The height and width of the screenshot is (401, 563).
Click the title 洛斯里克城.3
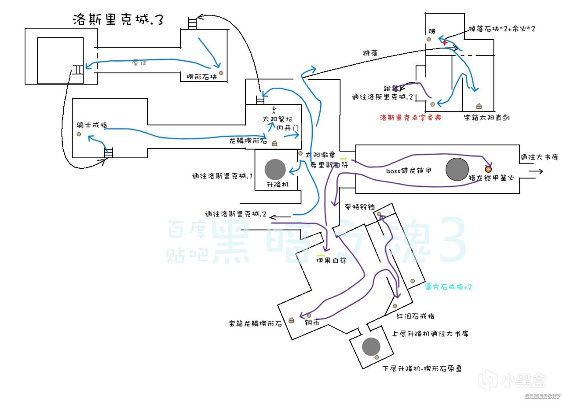point(117,19)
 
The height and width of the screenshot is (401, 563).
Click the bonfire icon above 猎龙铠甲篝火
point(488,168)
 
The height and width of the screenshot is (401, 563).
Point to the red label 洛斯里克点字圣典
point(410,118)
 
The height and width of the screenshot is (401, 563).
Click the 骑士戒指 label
point(91,125)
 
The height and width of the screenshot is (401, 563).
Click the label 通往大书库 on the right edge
point(539,157)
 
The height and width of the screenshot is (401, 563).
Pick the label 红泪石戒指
point(416,316)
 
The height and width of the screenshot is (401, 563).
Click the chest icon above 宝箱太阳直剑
point(479,106)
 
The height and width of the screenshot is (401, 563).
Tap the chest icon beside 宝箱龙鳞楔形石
point(291,320)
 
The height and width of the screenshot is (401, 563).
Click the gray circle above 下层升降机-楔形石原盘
point(371,347)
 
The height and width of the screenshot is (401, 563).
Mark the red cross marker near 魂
point(445,42)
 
